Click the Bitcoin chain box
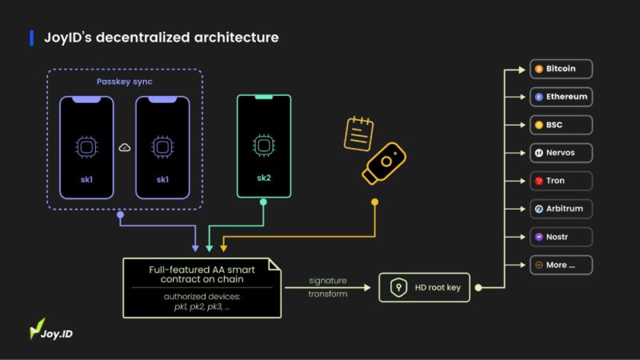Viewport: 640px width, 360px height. tap(560, 70)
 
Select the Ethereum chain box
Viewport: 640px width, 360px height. tap(560, 97)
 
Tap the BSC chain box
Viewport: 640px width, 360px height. tap(560, 125)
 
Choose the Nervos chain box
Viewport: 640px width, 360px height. tap(560, 152)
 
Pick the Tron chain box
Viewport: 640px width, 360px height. tap(560, 180)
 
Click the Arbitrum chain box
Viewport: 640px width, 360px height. tap(560, 208)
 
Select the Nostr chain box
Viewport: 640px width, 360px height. tap(560, 236)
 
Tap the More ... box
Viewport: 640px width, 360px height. tap(560, 264)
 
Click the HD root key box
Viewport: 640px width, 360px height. tap(424, 286)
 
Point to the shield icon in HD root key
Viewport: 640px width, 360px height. tap(398, 286)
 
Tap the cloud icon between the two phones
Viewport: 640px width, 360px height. tap(123, 147)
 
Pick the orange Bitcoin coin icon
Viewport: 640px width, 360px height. tap(539, 70)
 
